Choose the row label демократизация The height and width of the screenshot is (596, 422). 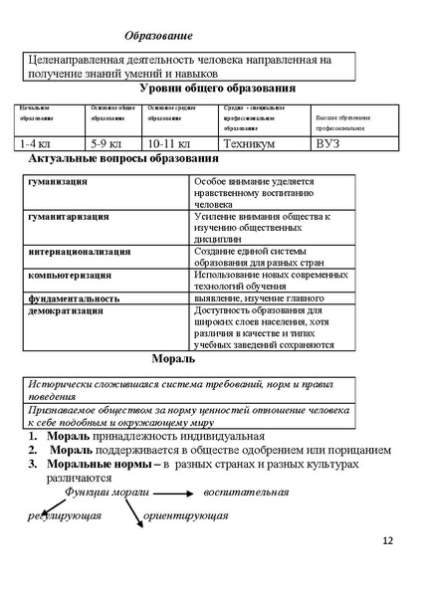coord(67,310)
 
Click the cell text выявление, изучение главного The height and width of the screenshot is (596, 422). coord(261,298)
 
